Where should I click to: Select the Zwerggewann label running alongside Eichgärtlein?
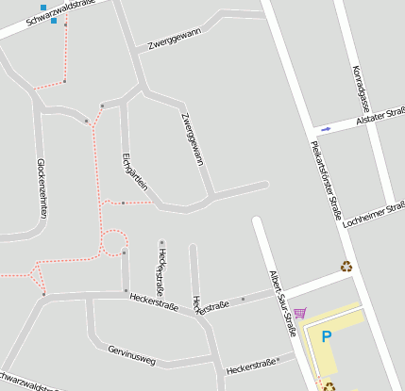pos(193,138)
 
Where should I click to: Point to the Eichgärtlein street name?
pos(135,171)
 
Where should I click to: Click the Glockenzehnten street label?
pos(42,187)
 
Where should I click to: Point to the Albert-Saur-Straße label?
pos(281,301)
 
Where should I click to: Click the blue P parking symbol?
pos(327,336)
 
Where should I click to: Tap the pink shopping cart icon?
pos(300,313)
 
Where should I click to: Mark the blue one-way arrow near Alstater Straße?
pos(327,128)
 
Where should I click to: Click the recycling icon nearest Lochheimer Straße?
pos(346,266)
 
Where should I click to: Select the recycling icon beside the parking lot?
pos(329,386)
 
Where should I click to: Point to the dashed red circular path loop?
pos(114,243)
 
